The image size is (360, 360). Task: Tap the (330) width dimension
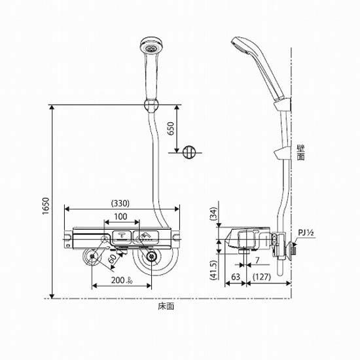[120, 203]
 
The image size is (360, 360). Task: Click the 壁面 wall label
[300, 153]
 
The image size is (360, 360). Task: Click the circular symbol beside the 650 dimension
[189, 152]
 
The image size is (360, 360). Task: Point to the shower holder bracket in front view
[151, 105]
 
